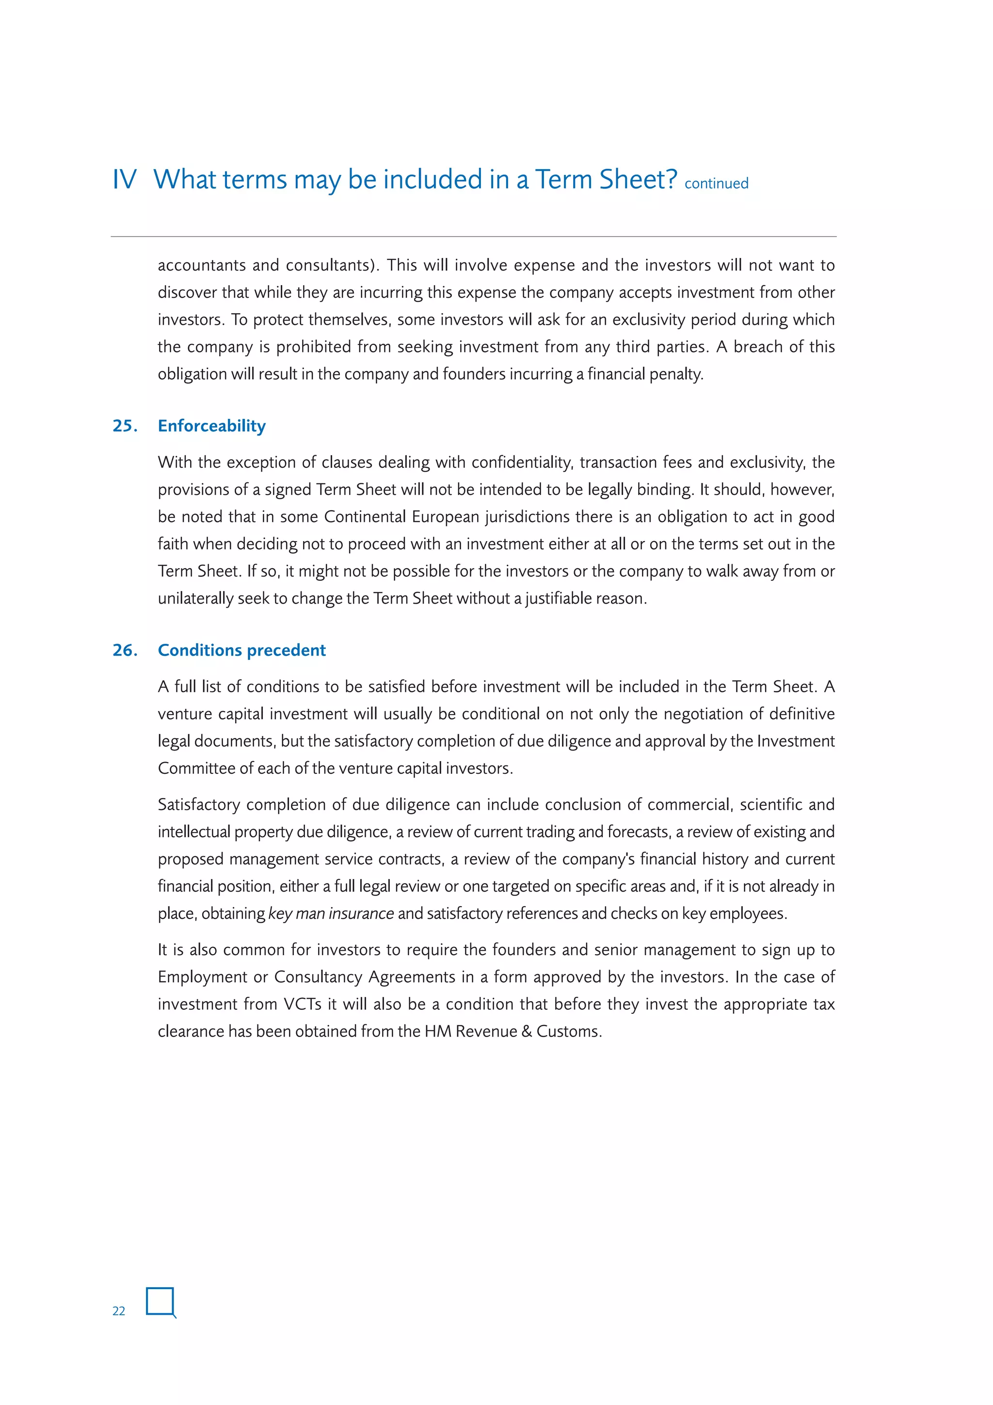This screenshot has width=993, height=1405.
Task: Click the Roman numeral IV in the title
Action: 124,180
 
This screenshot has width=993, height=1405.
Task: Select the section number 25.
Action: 124,426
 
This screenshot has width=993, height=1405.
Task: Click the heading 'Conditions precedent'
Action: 241,650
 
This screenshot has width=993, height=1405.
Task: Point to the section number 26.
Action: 124,650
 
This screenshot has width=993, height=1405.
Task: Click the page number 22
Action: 119,1311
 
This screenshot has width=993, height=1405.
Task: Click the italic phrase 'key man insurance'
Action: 330,913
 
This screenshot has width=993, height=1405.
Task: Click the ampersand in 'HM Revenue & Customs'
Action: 526,1032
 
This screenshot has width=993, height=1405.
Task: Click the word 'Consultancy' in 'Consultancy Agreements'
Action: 318,977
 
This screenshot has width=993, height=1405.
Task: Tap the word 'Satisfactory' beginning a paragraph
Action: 198,805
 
